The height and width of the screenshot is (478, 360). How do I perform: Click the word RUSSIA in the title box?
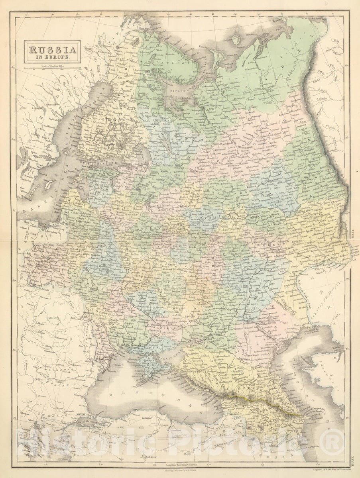coord(52,50)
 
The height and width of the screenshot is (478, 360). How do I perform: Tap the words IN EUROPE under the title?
coord(52,58)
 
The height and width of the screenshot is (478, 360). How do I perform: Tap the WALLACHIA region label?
coord(56,370)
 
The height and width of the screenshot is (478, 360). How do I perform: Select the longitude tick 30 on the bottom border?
coord(101,464)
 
